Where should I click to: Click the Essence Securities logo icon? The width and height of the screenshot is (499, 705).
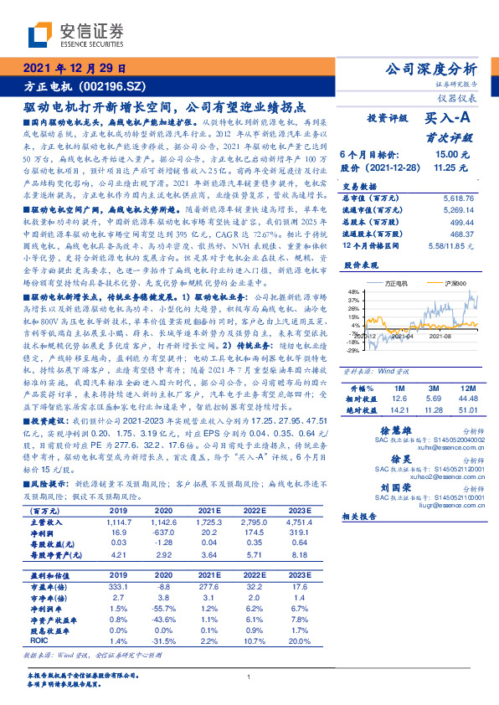(x=44, y=35)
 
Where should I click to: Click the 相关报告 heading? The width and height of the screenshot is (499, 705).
(x=362, y=517)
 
